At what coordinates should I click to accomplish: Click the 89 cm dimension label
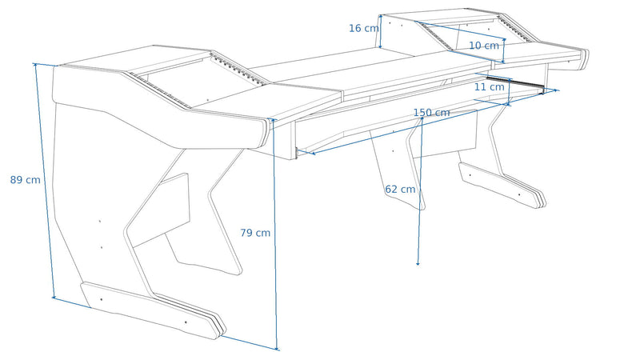[x=26, y=180]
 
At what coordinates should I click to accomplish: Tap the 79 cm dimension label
[x=255, y=233]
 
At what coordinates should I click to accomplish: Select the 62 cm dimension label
[x=400, y=190]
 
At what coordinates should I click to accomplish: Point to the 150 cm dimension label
[x=431, y=113]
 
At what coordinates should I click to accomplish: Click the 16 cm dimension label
[x=364, y=28]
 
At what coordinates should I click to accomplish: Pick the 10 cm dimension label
[x=484, y=46]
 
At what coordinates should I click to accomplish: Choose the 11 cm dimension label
[x=489, y=87]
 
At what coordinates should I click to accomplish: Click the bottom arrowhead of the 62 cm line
[x=418, y=264]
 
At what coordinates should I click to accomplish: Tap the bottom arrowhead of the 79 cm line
[x=277, y=349]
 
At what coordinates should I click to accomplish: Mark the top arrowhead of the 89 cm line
[x=35, y=65]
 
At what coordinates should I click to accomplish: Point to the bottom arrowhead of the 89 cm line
[x=54, y=297]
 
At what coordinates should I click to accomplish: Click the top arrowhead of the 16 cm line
[x=381, y=16]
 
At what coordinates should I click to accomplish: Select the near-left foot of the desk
[x=153, y=310]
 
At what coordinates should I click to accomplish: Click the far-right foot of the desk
[x=502, y=186]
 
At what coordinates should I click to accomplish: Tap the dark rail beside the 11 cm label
[x=515, y=84]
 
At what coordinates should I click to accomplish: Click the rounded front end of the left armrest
[x=263, y=133]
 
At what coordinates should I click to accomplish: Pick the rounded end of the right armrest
[x=585, y=59]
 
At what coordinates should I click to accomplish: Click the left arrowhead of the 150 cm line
[x=314, y=154]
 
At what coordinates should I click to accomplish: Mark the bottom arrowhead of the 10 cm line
[x=503, y=62]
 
